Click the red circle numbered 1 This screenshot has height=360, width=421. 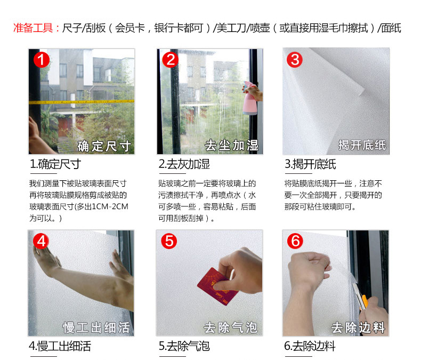(x=42, y=60)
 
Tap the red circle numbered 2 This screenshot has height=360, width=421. (x=170, y=60)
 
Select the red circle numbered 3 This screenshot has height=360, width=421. (x=295, y=60)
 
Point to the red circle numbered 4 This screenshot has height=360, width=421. (x=41, y=241)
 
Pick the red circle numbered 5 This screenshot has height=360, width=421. (x=169, y=241)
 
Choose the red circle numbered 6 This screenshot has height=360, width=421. (x=295, y=241)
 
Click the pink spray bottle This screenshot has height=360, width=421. (x=249, y=98)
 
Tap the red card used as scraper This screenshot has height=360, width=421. (x=217, y=286)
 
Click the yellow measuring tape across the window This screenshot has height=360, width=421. (x=82, y=102)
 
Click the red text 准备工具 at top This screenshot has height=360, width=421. (x=33, y=28)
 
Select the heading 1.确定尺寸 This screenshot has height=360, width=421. (x=55, y=164)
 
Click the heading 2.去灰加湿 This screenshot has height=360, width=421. (x=184, y=164)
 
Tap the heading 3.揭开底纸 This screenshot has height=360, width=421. (x=310, y=164)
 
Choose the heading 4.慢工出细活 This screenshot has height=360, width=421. (x=60, y=346)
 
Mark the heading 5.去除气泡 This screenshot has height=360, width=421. (x=184, y=346)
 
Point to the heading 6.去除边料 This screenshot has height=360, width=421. (x=310, y=346)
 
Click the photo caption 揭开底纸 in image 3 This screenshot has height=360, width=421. (x=362, y=145)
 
